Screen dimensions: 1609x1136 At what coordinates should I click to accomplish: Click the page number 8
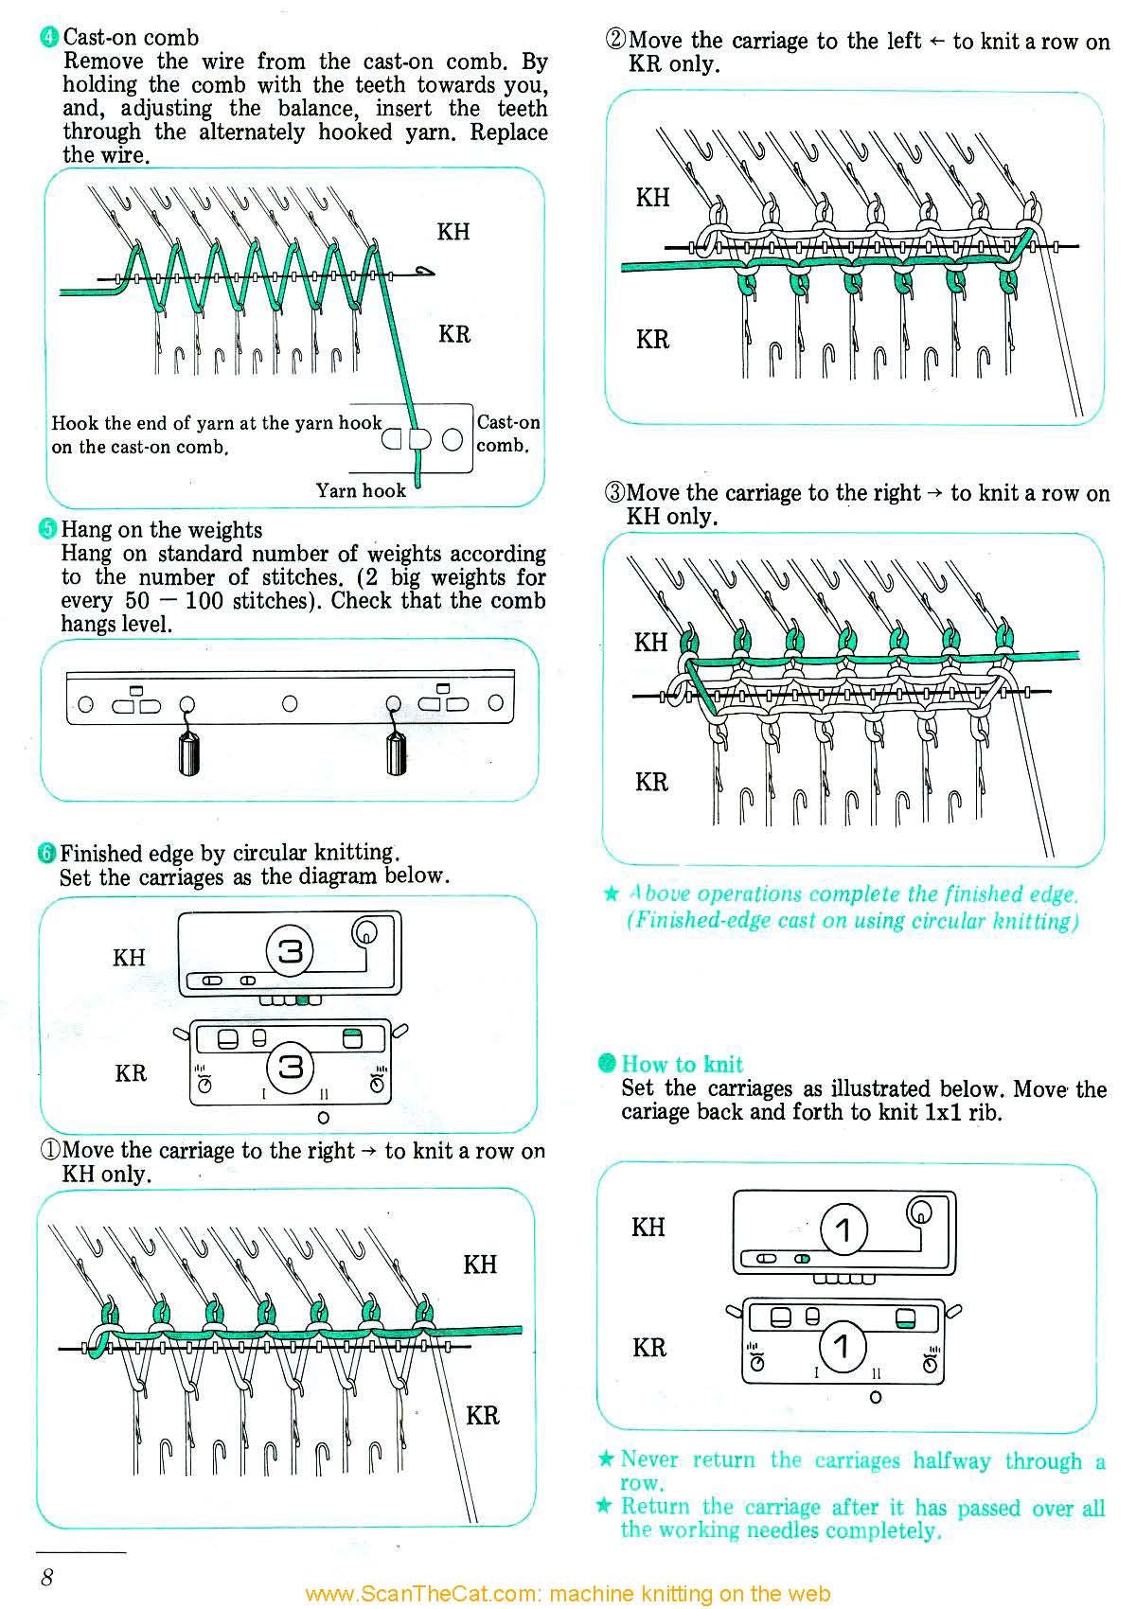[46, 1576]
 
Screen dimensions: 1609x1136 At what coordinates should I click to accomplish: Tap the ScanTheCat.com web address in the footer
[568, 1594]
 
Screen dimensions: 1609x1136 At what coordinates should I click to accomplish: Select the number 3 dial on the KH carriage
[290, 950]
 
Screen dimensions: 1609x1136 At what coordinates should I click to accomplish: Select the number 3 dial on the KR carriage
[290, 1067]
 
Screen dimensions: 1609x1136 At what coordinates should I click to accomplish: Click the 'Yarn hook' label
[361, 490]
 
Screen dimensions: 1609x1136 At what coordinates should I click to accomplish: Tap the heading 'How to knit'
[682, 1064]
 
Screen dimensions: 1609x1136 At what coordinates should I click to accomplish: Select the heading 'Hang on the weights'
[161, 530]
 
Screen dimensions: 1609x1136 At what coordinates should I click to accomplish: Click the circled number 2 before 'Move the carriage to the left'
[615, 41]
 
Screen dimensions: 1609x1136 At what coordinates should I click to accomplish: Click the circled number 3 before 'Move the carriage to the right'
[614, 493]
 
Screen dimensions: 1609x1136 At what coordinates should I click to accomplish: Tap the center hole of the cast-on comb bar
[290, 703]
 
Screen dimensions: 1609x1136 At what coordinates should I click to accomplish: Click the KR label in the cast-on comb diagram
[454, 334]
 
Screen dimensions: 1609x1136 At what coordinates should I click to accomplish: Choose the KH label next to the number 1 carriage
[648, 1228]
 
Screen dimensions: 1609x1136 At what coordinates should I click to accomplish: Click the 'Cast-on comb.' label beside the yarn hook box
[507, 433]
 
